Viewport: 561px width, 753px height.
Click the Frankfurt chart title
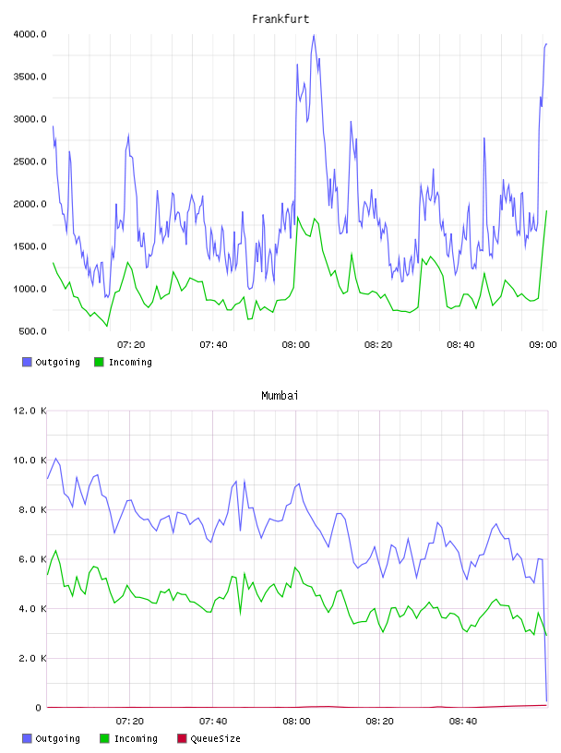(x=280, y=19)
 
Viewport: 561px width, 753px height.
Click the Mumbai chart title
(x=280, y=396)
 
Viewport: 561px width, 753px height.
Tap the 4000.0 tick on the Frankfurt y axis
(x=30, y=34)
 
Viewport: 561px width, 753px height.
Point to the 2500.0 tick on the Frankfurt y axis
(x=30, y=161)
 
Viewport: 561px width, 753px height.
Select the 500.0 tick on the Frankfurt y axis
(x=32, y=331)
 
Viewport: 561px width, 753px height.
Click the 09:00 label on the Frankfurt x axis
(x=543, y=345)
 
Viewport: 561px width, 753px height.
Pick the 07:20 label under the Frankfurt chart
(x=131, y=345)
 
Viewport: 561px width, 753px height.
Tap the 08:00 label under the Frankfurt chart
(x=296, y=345)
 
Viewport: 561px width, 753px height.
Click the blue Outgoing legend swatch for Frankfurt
(x=27, y=362)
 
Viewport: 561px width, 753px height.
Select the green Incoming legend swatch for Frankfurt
(x=99, y=362)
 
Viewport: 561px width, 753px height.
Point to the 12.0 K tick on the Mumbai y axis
(x=30, y=411)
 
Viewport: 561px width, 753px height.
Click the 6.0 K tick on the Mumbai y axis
(x=32, y=559)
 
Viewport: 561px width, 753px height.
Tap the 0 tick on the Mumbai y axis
(x=38, y=708)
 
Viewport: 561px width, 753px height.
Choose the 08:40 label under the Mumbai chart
(x=463, y=722)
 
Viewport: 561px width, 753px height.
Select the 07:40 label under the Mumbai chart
(x=213, y=722)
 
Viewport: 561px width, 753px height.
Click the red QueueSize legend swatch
(x=182, y=738)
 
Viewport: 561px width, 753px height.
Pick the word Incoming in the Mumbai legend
(x=136, y=739)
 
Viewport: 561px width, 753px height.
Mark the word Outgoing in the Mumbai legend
(x=57, y=739)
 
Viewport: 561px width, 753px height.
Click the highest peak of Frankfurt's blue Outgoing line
(x=314, y=34)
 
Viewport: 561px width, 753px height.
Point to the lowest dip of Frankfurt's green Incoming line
(x=107, y=327)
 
